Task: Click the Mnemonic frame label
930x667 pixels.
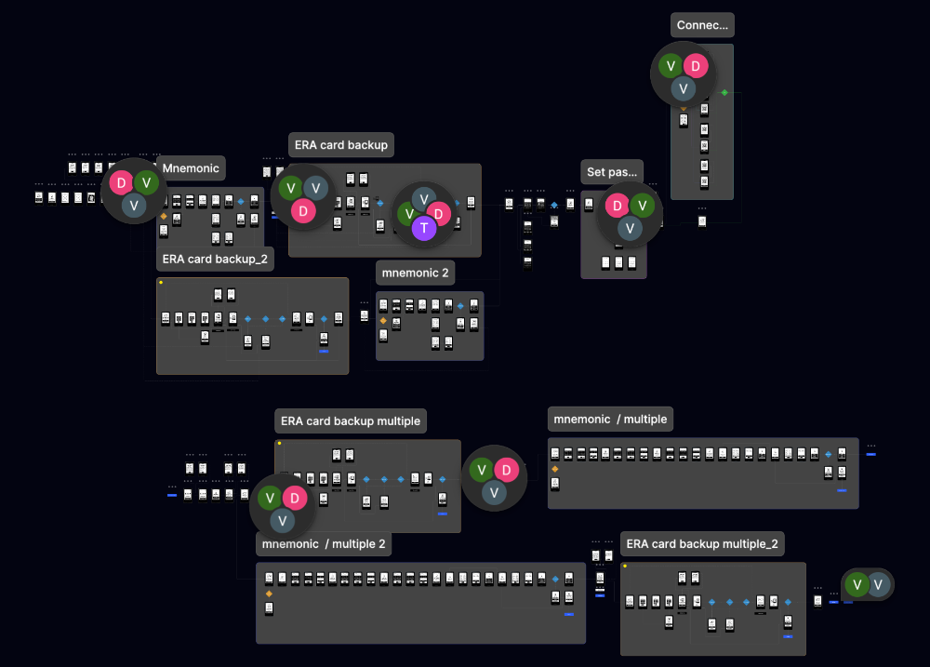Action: (192, 168)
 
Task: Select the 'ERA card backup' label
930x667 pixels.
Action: (341, 145)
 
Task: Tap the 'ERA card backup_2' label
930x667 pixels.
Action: (215, 260)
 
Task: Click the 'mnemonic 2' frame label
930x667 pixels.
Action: (415, 273)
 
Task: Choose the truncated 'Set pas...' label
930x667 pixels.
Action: (612, 172)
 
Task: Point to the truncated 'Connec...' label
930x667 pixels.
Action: (702, 25)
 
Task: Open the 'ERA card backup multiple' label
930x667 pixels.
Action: (351, 421)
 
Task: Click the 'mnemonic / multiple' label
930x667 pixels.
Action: (610, 420)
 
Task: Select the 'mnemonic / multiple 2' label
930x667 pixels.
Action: (324, 544)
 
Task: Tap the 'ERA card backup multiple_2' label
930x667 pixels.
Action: (703, 544)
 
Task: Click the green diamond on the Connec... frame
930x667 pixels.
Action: (725, 92)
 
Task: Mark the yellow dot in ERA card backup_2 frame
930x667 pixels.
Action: (161, 282)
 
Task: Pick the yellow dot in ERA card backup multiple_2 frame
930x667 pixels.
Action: (624, 566)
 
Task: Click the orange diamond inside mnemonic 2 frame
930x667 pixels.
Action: (382, 320)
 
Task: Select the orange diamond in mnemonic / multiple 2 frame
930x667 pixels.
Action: (269, 593)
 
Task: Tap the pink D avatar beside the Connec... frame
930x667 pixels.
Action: (697, 66)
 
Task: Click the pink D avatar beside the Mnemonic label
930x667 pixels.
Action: (122, 183)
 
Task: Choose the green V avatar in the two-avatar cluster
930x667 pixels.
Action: (857, 584)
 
